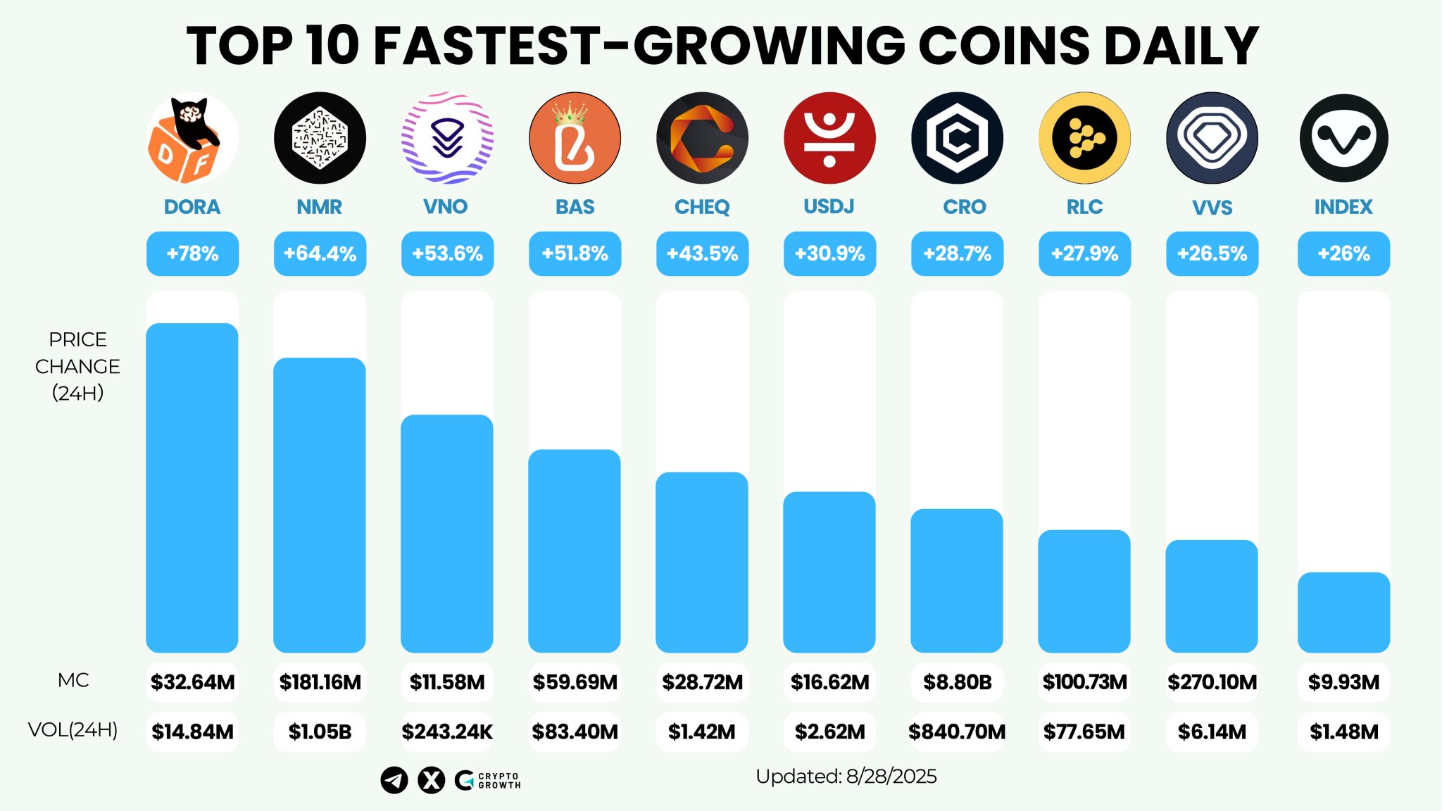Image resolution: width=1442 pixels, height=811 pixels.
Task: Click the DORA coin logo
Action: coord(192,138)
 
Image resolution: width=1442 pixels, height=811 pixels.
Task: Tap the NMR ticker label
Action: coord(320,207)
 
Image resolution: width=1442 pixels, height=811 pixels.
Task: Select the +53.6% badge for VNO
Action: coord(447,253)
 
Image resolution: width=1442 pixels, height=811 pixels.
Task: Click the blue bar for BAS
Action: coord(575,551)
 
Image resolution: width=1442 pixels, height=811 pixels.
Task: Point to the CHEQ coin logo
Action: coord(702,138)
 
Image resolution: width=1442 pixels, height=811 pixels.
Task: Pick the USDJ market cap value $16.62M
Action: coord(829,681)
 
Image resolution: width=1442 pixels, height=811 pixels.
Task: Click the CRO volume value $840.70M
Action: coord(957,731)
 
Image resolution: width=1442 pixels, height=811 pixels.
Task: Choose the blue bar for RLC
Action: coord(1084,591)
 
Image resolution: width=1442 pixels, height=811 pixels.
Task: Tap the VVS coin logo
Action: coord(1212,138)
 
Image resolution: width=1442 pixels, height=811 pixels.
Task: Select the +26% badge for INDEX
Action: coord(1343,253)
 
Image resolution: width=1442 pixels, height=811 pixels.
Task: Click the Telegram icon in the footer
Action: coord(394,780)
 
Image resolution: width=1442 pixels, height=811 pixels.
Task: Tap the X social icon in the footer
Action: coord(431,780)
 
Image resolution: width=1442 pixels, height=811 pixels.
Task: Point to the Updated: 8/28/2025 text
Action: coord(846,777)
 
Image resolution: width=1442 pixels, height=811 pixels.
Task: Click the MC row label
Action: coord(73,680)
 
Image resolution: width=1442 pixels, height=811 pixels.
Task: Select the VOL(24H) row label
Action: coord(73,729)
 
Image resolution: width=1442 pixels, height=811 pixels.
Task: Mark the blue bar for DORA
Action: coord(192,487)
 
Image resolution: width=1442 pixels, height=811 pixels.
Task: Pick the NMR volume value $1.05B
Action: coord(320,731)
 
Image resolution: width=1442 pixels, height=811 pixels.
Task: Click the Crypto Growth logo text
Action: coord(499,780)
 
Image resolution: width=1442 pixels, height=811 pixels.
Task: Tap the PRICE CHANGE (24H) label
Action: coord(77,366)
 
